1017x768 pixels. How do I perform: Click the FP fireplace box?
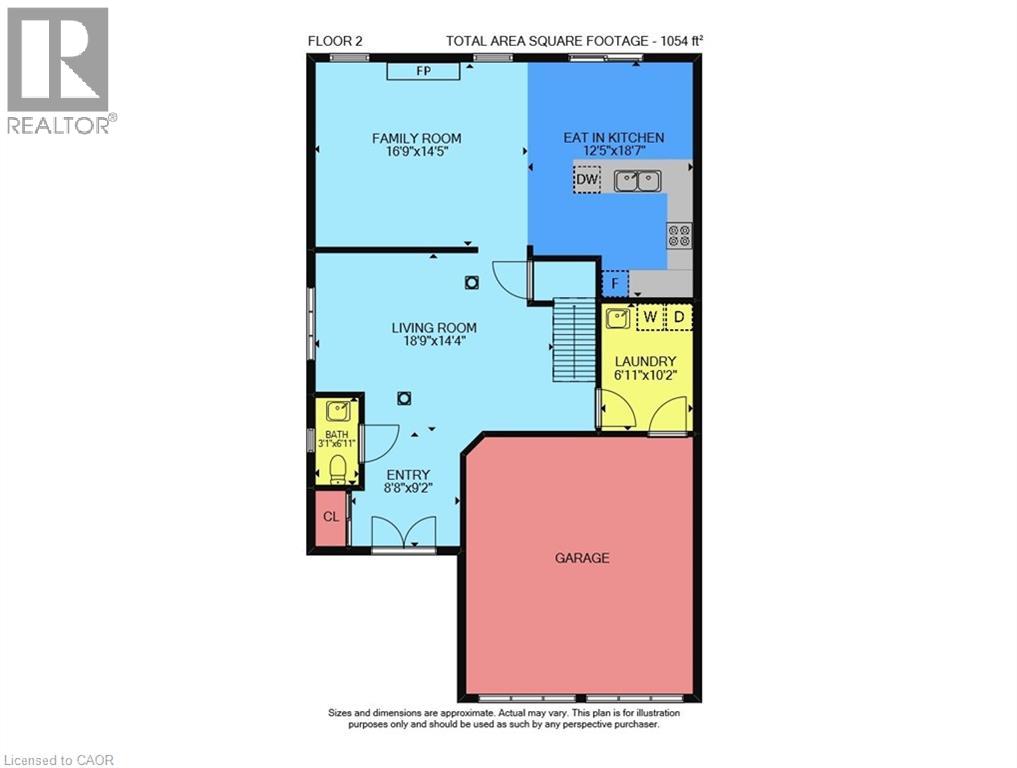click(x=423, y=71)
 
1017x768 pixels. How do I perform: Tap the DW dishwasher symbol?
click(x=587, y=179)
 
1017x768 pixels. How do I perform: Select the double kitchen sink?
click(x=638, y=180)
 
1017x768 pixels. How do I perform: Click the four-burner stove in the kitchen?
click(x=680, y=235)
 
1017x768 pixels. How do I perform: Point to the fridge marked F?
click(x=616, y=283)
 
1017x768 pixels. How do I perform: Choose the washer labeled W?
click(x=651, y=318)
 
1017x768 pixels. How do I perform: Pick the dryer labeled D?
click(x=679, y=318)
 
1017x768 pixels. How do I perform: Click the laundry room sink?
click(x=617, y=318)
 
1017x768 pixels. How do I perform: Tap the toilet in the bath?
click(x=338, y=469)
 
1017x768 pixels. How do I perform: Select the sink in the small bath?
click(x=338, y=411)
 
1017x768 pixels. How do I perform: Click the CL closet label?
click(x=331, y=517)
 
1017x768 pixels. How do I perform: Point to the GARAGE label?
click(x=582, y=558)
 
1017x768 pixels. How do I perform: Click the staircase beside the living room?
click(x=573, y=339)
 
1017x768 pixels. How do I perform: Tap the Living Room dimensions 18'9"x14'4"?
click(x=434, y=341)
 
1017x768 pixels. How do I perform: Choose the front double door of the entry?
click(x=403, y=534)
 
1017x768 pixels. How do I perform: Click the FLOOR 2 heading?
click(x=335, y=41)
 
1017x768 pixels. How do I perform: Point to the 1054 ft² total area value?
click(x=682, y=41)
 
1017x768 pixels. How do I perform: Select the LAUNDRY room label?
click(x=645, y=361)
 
